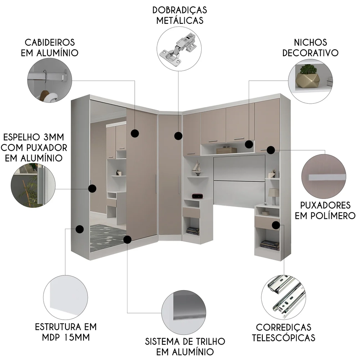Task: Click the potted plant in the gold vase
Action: coord(307,75)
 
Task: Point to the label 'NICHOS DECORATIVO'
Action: coord(310,47)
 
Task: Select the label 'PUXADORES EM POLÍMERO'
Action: coord(325,211)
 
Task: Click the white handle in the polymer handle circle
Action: coord(327,177)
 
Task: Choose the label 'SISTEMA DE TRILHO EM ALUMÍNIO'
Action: coord(185,346)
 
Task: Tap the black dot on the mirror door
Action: coord(92,188)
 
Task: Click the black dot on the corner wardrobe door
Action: coord(178,136)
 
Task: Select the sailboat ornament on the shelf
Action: coord(197,168)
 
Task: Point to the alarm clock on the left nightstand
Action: coord(197,196)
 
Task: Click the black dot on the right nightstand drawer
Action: coord(276,225)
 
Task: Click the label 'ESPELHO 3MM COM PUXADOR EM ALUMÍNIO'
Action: coord(35,148)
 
